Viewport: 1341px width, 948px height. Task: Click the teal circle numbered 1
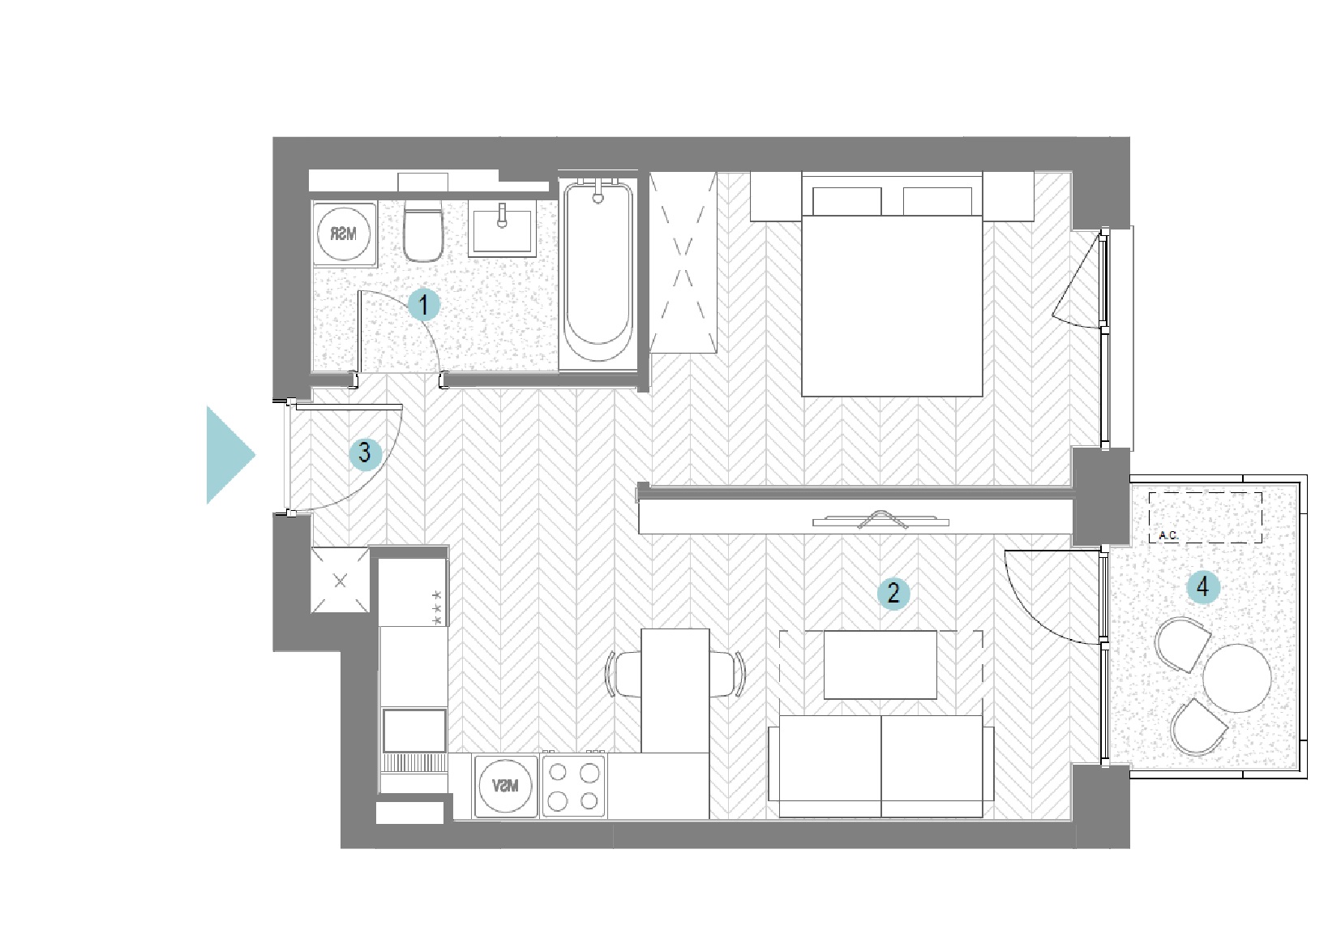[x=424, y=305]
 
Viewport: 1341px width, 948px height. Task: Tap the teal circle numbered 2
[x=893, y=593]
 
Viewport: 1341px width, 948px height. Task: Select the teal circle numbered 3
[x=365, y=453]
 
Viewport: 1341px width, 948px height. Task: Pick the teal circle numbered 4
[x=1202, y=587]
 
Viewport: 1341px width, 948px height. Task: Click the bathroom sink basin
[x=503, y=230]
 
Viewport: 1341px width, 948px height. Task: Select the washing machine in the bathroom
[x=345, y=234]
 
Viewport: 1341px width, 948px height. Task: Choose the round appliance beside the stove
[x=505, y=786]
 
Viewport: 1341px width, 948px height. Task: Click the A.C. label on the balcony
[x=1168, y=535]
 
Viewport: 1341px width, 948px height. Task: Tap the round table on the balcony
[x=1237, y=678]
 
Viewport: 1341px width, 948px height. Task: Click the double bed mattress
[x=892, y=306]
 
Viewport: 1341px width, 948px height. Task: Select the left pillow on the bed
[x=846, y=201]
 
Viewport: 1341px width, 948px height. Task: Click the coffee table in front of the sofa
[x=880, y=665]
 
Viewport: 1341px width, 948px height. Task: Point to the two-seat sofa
[x=881, y=766]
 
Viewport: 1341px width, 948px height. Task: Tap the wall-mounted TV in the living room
[x=880, y=520]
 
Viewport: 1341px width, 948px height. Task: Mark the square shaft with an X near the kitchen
[x=340, y=581]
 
